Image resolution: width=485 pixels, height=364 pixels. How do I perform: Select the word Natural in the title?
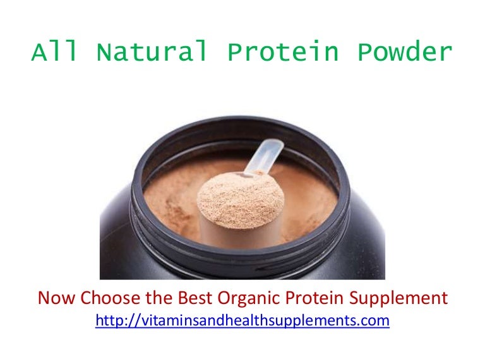(152, 54)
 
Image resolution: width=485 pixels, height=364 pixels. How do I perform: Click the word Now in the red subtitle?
(54, 298)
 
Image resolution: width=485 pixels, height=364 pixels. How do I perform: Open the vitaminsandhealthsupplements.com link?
(242, 321)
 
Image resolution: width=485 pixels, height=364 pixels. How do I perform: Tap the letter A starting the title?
(39, 54)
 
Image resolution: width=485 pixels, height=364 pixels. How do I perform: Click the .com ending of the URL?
(376, 321)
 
